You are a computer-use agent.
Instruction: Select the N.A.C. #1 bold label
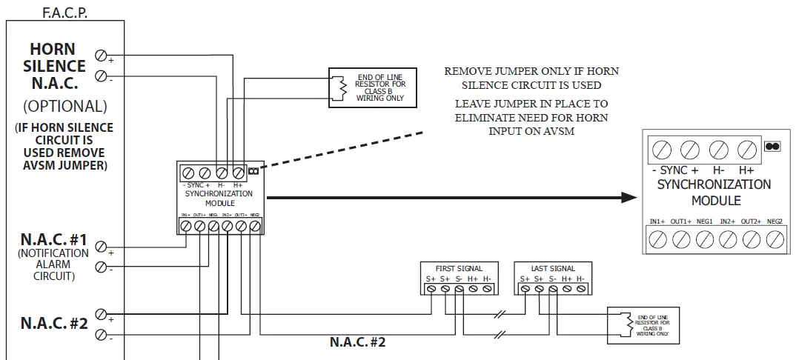[x=54, y=241]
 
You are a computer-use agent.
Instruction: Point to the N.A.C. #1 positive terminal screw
[x=101, y=247]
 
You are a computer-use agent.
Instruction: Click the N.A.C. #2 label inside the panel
[x=54, y=324]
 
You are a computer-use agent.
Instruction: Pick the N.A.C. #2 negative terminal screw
[x=101, y=335]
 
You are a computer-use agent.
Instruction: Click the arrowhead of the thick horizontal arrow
[x=630, y=198]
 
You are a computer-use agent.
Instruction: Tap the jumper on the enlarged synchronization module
[x=772, y=147]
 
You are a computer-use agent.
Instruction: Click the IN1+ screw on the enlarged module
[x=658, y=239]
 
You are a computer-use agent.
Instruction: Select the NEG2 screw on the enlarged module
[x=775, y=239]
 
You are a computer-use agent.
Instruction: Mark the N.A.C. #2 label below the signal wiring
[x=357, y=343]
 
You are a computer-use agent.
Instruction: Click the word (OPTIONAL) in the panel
[x=65, y=105]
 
